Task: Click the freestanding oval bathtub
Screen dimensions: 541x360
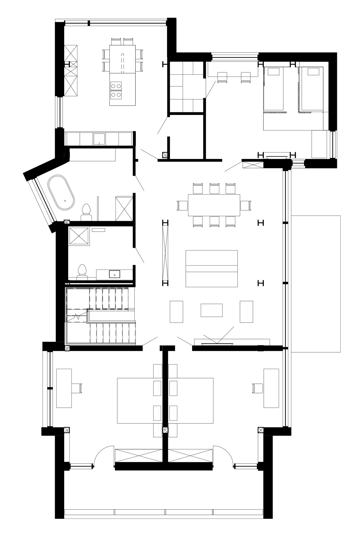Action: coord(61,192)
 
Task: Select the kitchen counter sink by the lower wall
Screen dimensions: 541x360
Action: coord(99,139)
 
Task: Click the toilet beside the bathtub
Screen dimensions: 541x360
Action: coord(86,212)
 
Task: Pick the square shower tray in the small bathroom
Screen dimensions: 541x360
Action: coord(79,236)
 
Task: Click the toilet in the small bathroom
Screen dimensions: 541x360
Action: coord(81,272)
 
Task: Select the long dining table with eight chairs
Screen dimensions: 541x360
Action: coord(214,205)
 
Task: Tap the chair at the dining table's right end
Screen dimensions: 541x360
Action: coord(245,206)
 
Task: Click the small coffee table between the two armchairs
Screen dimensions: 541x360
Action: coord(211,310)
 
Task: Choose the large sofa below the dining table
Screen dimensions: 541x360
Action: coord(211,269)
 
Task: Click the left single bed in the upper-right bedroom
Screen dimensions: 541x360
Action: coord(273,89)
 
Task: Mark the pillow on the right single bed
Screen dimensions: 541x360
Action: coord(314,71)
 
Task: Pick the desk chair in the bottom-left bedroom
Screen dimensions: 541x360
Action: coord(77,388)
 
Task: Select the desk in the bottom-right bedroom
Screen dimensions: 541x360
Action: coord(271,388)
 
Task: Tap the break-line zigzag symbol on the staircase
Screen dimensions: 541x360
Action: coord(77,316)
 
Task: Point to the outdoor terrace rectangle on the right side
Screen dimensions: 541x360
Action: coord(316,284)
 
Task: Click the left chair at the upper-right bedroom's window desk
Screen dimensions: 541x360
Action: coord(222,77)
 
